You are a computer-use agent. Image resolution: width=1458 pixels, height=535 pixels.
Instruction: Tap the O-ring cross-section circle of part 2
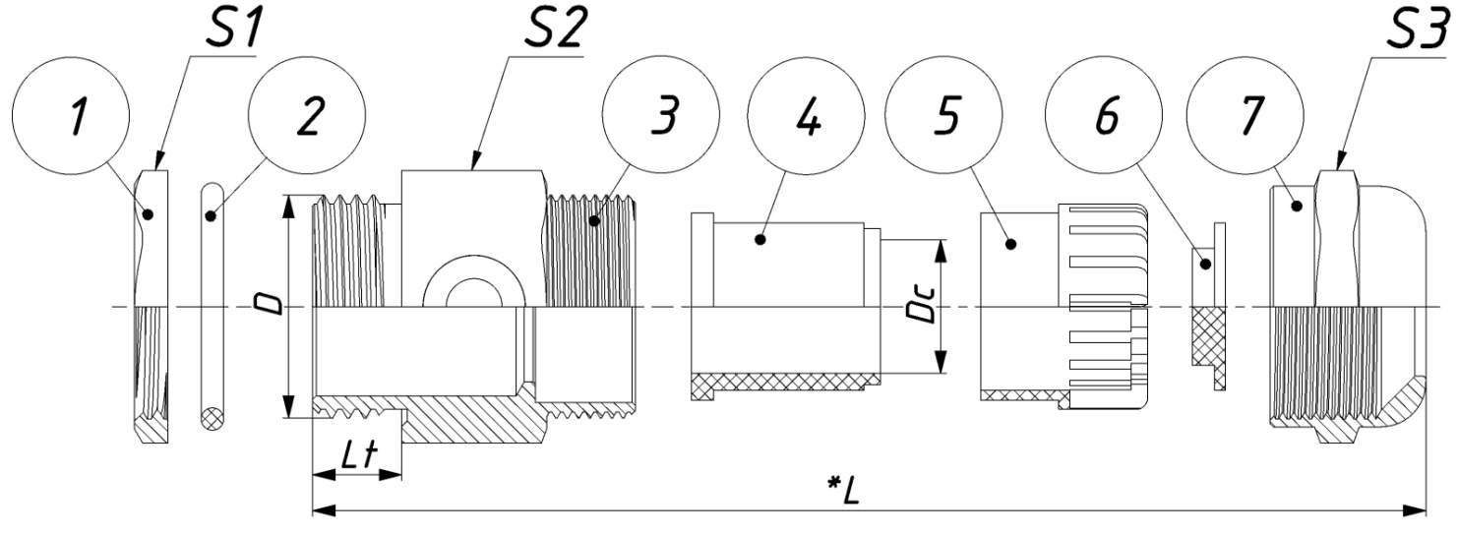pyautogui.click(x=211, y=417)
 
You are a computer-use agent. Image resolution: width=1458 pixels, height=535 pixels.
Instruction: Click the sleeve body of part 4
pyautogui.click(x=787, y=295)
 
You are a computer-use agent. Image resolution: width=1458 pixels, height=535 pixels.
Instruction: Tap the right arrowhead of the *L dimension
pyautogui.click(x=1417, y=511)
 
